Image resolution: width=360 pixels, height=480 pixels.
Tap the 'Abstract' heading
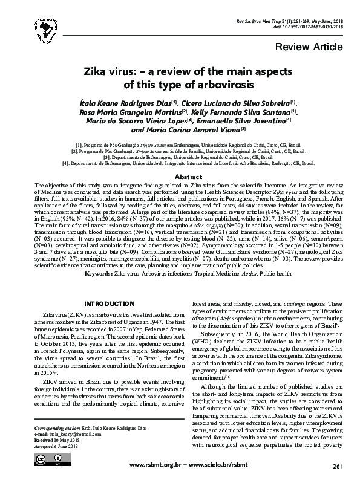pos(180,177)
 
